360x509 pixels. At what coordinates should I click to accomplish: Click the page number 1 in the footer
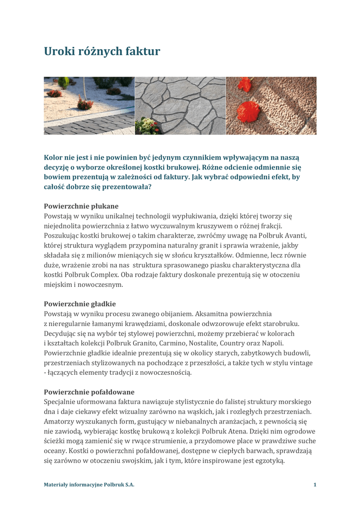pos(315,485)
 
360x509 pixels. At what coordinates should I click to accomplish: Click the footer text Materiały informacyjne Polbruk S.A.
pos(89,485)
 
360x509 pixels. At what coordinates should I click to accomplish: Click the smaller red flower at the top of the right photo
pos(245,84)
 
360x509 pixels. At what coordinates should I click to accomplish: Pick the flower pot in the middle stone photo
pos(148,126)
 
